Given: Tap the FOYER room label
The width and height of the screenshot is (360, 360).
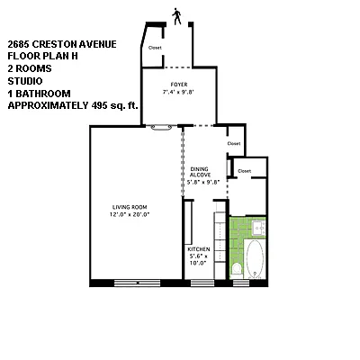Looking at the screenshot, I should [x=179, y=85].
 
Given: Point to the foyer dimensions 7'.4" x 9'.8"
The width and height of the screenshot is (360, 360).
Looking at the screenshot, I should [x=179, y=92].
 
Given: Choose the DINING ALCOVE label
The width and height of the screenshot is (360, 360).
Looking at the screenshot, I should [x=201, y=172].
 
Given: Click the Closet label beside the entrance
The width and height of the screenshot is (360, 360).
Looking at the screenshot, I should [x=155, y=47].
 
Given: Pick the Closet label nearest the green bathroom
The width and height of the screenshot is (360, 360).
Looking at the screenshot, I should [x=243, y=170].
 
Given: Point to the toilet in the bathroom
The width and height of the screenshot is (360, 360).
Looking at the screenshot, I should [x=236, y=267].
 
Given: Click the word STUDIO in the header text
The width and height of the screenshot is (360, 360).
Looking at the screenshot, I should [x=25, y=78].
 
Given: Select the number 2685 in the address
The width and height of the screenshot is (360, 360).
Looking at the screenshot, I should [x=19, y=43].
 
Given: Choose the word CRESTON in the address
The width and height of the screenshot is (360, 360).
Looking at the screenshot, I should [x=58, y=43].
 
